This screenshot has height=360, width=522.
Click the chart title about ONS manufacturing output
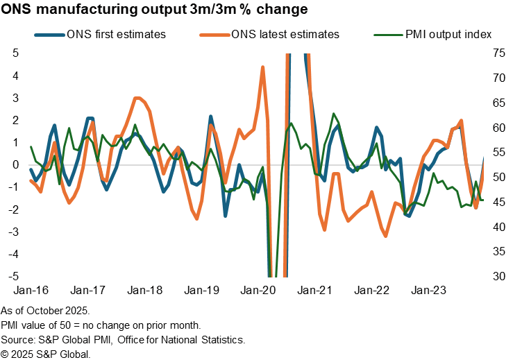coord(155,10)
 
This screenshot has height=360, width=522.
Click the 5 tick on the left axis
coord(16,53)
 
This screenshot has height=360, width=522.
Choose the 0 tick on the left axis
coord(16,165)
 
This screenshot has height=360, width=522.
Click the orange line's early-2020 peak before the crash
coord(262,67)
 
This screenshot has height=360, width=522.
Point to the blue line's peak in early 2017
coord(90,119)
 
